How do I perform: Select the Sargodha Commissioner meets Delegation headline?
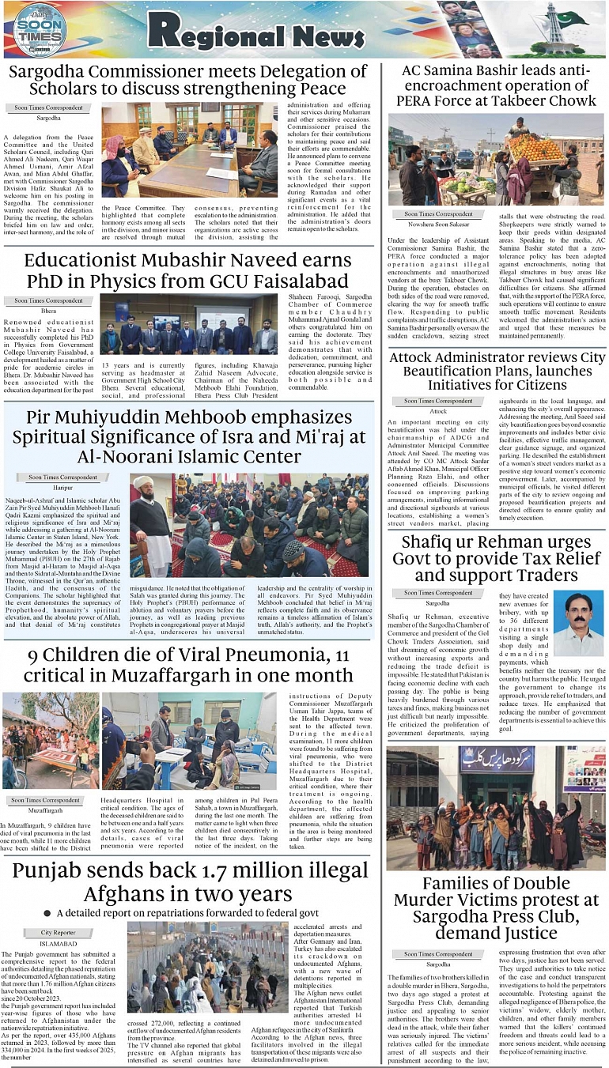188,80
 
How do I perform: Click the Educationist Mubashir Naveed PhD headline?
188,270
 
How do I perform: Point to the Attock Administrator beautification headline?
497,371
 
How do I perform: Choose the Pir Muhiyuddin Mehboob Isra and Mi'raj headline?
188,436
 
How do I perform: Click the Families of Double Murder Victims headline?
497,908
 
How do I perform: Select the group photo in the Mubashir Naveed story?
188,325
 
